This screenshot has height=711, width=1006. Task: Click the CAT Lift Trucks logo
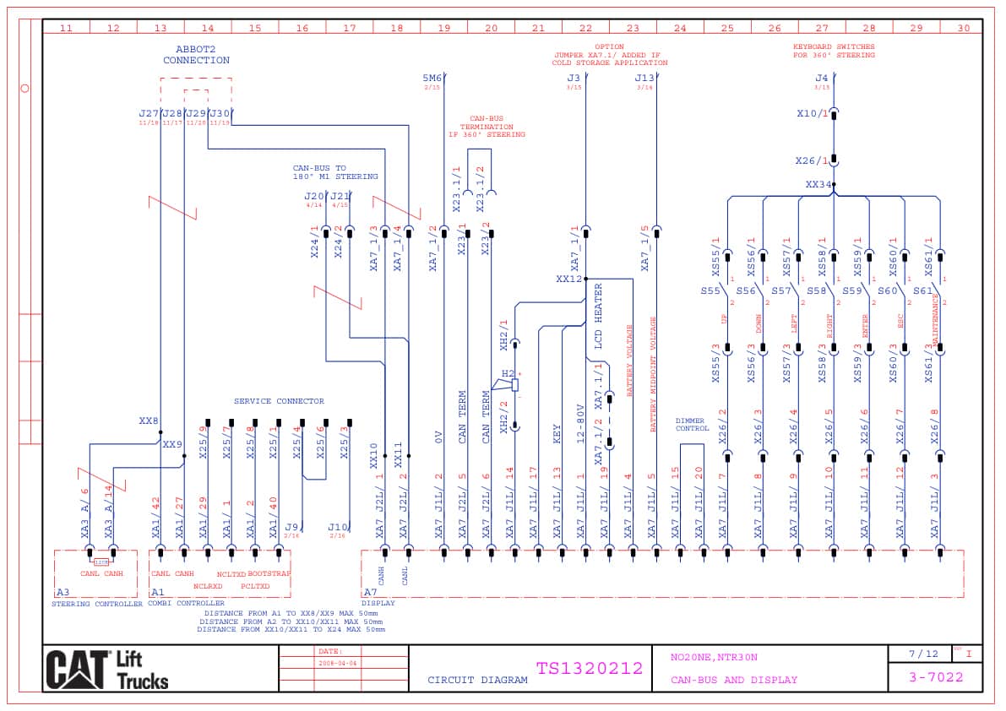107,670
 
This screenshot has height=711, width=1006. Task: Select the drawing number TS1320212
589,669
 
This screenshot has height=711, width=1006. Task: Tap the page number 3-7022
935,676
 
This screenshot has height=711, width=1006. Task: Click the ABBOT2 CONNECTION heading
196,55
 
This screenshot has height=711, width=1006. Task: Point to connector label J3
574,79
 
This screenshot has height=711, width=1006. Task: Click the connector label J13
644,79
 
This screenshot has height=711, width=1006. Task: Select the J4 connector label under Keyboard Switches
821,79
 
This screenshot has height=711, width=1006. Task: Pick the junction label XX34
818,184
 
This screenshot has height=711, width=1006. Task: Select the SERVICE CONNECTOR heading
279,401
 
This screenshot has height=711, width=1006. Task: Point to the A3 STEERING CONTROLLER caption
96,603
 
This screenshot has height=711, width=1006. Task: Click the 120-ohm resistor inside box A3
101,562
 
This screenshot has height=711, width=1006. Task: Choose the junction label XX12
568,279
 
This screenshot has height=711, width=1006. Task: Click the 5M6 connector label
432,79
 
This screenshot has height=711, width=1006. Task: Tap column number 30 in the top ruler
964,28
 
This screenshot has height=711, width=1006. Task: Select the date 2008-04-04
339,664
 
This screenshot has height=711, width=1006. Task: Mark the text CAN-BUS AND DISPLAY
733,680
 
